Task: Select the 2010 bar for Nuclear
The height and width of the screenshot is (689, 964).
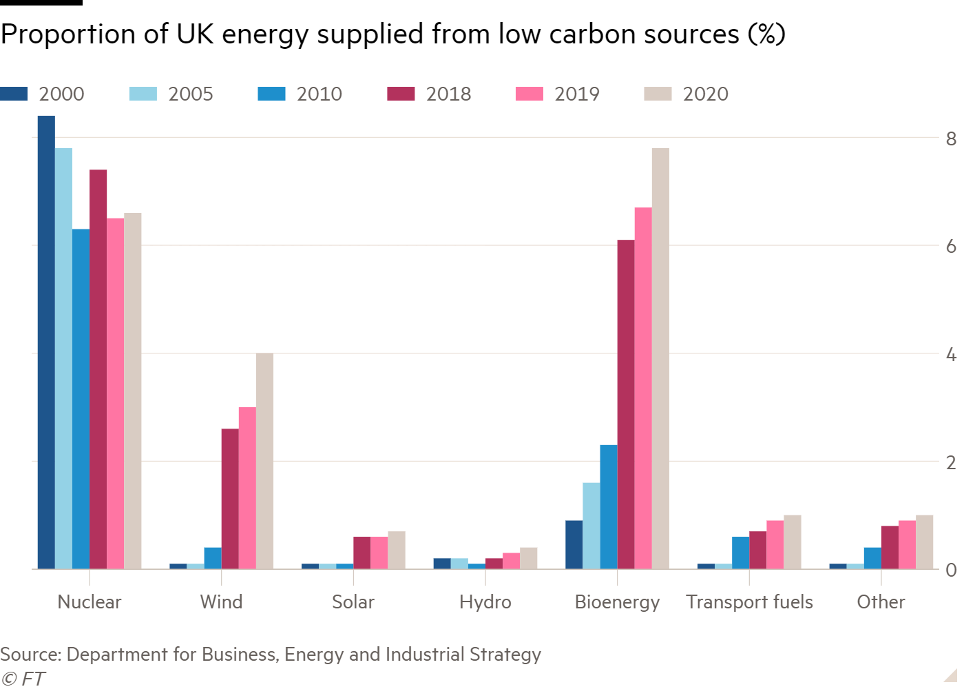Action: point(81,399)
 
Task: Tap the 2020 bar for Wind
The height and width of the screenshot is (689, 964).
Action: point(264,461)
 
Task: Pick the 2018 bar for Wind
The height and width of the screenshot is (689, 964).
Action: point(230,499)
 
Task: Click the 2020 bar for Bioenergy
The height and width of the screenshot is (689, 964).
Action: point(660,358)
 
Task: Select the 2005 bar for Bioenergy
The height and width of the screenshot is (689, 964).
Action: point(591,526)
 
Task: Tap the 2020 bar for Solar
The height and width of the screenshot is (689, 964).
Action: point(397,550)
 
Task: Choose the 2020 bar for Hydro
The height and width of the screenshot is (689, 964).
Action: point(529,558)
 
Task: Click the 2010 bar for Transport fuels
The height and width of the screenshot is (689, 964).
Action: point(740,553)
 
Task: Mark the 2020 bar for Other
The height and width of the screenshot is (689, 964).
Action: point(925,542)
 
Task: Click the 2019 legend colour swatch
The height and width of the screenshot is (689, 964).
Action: point(529,94)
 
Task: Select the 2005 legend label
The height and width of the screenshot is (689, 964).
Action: point(191,94)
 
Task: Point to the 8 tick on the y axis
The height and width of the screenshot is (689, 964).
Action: point(951,138)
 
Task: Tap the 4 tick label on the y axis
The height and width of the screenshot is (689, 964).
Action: point(951,355)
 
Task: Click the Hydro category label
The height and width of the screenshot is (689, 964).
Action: point(485,602)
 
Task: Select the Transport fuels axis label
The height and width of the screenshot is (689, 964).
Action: point(749,602)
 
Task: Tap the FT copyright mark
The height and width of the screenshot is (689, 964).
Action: point(23,679)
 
